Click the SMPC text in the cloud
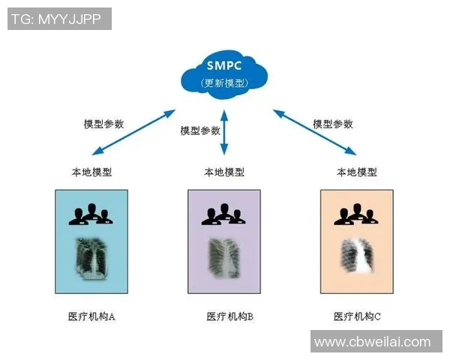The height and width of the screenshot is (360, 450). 223,64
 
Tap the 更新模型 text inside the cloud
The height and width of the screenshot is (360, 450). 223,82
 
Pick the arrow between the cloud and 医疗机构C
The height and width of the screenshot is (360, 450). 314,131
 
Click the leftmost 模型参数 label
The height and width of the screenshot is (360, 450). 103,124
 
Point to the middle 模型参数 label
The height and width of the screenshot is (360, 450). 200,130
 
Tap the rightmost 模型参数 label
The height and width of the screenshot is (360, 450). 332,124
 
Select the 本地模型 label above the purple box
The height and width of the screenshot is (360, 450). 223,172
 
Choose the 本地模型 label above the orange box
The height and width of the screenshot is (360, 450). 356,172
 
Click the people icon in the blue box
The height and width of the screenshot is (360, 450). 91,214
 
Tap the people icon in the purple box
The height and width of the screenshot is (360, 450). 223,214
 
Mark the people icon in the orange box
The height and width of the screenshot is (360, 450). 356,214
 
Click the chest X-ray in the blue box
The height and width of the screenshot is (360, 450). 91,257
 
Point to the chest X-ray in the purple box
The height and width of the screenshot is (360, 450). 223,259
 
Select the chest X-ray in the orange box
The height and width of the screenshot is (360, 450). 356,259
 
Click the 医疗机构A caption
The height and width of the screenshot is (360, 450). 91,316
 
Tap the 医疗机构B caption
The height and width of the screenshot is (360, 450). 229,316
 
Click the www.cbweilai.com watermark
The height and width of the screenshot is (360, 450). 373,342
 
